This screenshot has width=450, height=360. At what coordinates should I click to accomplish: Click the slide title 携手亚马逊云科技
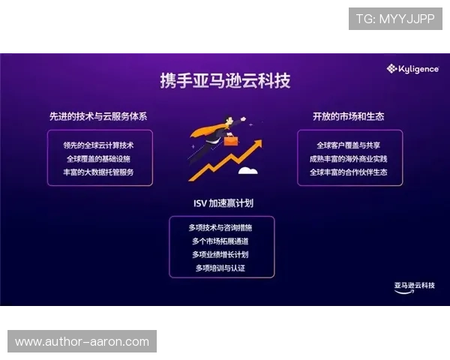(225, 80)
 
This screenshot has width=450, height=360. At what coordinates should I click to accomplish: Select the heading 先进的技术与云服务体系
(98, 116)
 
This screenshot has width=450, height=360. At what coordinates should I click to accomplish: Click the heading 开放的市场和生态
(349, 116)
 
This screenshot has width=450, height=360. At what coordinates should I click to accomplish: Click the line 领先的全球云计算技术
(99, 145)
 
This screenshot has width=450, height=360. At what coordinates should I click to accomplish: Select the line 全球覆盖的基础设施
(99, 158)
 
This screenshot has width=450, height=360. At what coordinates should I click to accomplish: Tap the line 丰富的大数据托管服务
(99, 172)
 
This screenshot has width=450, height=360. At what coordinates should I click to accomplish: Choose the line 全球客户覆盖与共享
(349, 145)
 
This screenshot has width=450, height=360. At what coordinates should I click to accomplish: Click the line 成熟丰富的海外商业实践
(349, 158)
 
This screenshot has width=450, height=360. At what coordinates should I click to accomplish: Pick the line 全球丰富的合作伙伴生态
(349, 172)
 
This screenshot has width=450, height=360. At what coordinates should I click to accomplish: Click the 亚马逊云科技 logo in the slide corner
(414, 287)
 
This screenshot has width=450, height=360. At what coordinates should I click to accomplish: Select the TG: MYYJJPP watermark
(395, 19)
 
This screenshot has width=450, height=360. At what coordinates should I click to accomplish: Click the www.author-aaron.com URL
(82, 342)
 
